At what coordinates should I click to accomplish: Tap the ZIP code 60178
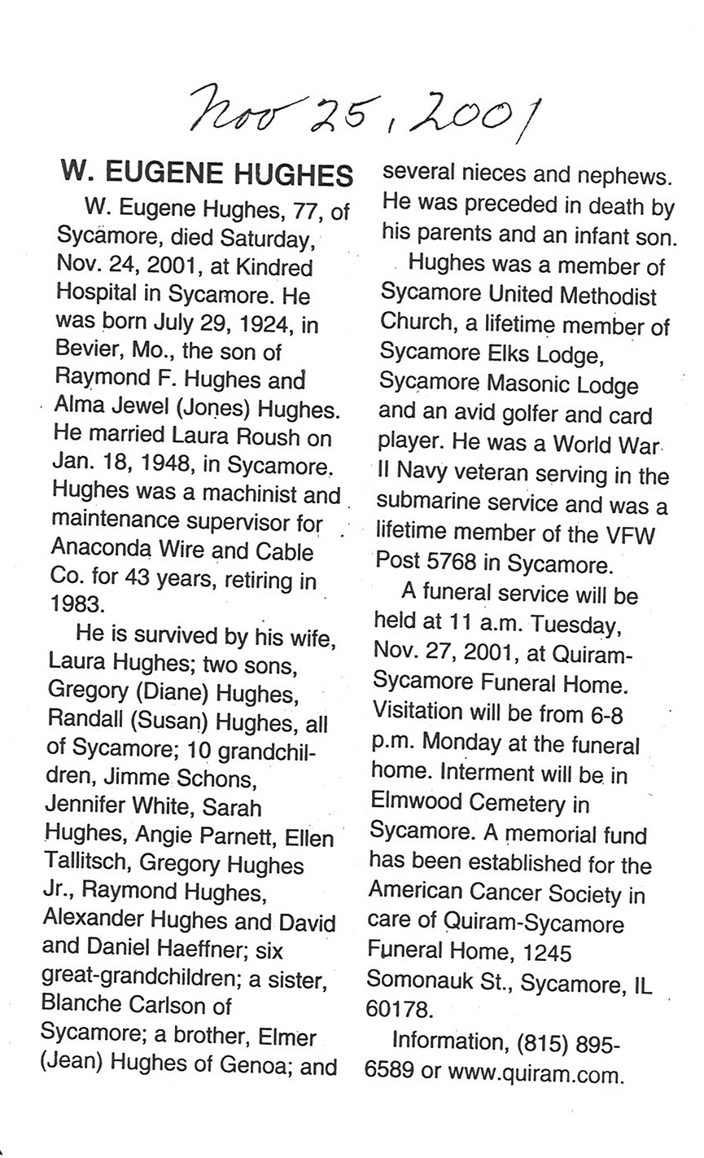click(x=398, y=1009)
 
